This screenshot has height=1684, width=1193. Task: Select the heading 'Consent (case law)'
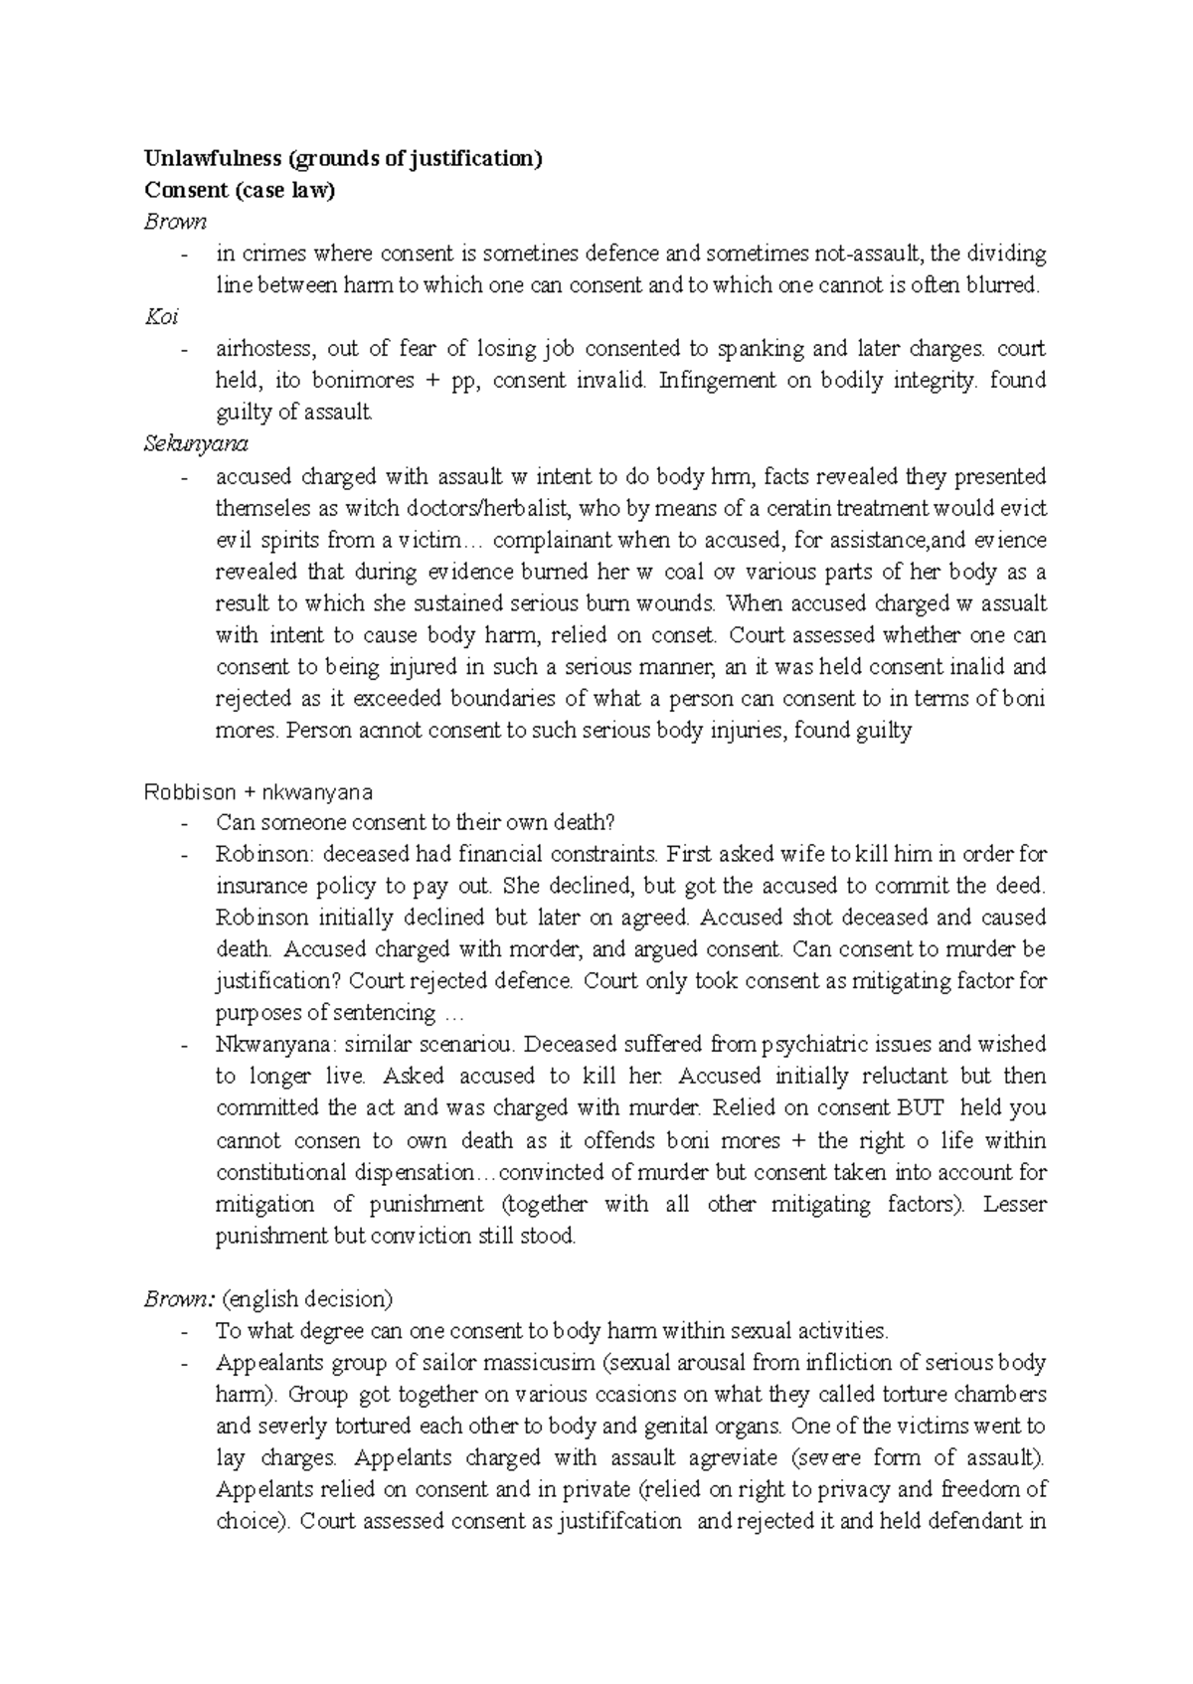(239, 191)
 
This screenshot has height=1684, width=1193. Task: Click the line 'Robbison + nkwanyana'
(258, 792)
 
